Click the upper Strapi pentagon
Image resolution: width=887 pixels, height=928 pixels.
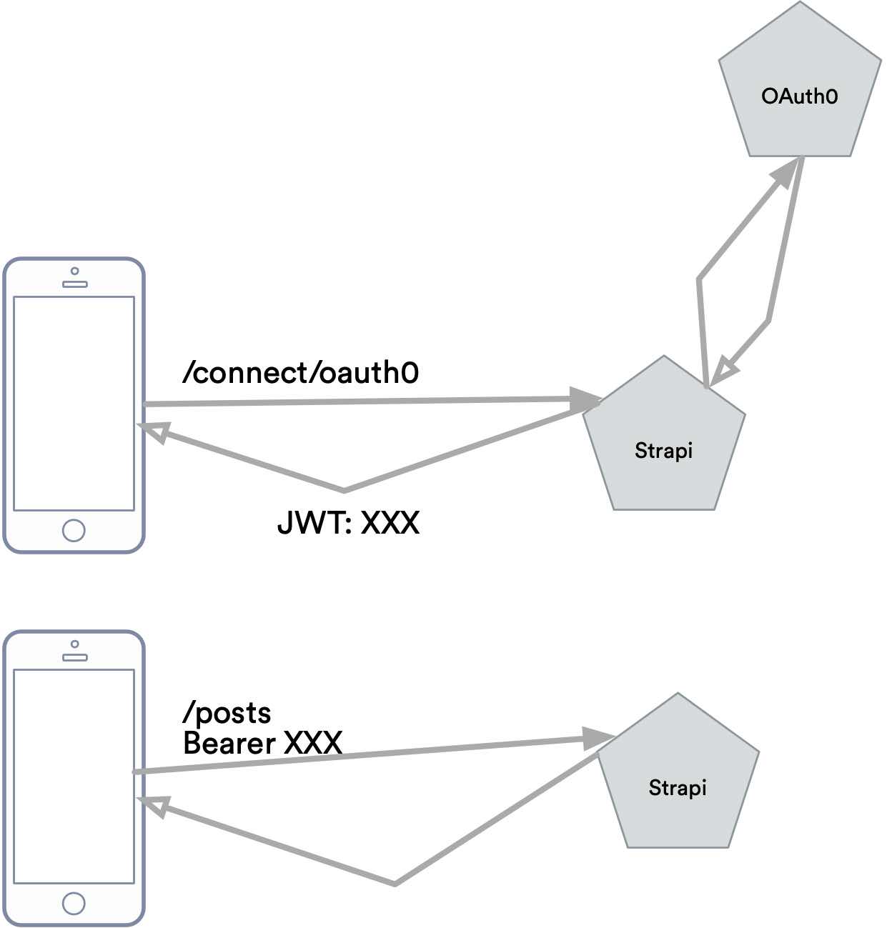point(664,443)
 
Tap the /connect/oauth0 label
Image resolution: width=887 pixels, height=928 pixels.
point(300,372)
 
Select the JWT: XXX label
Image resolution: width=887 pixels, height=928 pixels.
point(348,523)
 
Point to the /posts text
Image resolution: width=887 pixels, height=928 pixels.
point(227,712)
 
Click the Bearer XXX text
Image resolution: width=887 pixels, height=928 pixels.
point(262,743)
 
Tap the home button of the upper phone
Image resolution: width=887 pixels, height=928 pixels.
point(74,530)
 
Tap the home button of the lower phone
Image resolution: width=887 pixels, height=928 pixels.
point(74,903)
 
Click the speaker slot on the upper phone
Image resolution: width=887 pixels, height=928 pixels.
point(74,284)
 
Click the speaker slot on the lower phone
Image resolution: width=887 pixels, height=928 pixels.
point(74,657)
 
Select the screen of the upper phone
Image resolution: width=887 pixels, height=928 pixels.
point(74,404)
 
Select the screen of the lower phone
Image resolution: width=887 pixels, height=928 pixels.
point(74,777)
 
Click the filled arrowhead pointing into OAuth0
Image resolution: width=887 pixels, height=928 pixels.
point(784,174)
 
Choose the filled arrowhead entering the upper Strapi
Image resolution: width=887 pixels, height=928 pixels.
point(584,399)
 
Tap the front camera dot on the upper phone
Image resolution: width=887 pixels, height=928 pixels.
point(74,271)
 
